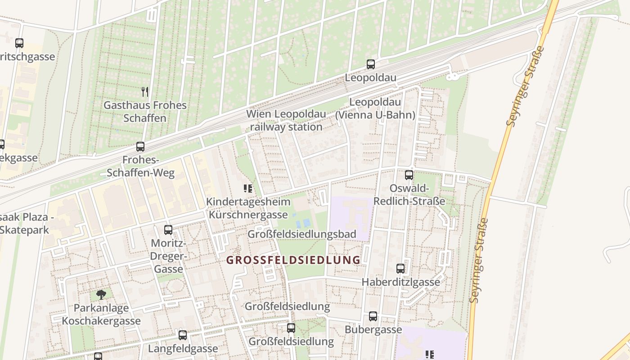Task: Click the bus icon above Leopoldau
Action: tap(370, 64)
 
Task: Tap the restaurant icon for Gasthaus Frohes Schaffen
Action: tap(145, 92)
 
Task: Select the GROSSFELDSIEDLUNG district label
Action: tap(293, 260)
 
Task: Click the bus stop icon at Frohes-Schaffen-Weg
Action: tap(140, 147)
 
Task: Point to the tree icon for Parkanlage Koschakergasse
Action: tap(101, 295)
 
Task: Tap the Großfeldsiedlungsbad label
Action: tap(301, 234)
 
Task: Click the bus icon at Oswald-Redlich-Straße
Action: tap(409, 175)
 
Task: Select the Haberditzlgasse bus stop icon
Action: tap(400, 269)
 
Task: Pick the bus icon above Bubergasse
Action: tap(373, 316)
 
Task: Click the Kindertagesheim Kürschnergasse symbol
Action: tap(247, 189)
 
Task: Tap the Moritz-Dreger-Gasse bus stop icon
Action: tap(168, 230)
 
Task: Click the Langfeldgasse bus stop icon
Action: tap(183, 335)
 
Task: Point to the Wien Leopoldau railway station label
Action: tap(286, 121)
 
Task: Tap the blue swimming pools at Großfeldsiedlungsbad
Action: tap(302, 223)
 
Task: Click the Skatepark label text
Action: tap(24, 230)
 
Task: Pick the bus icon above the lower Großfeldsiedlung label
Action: tap(291, 328)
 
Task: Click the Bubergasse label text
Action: tap(373, 330)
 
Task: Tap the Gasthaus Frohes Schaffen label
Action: tap(145, 112)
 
